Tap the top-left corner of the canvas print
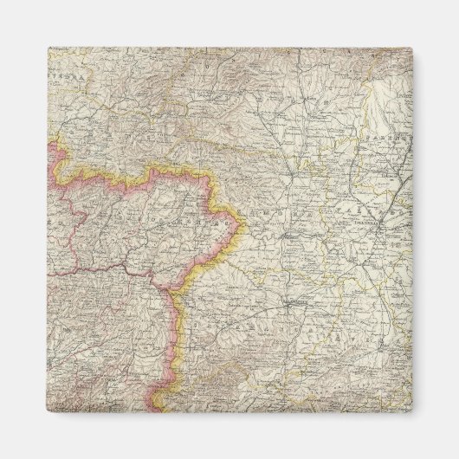[47, 48]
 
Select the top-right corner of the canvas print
[413, 48]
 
